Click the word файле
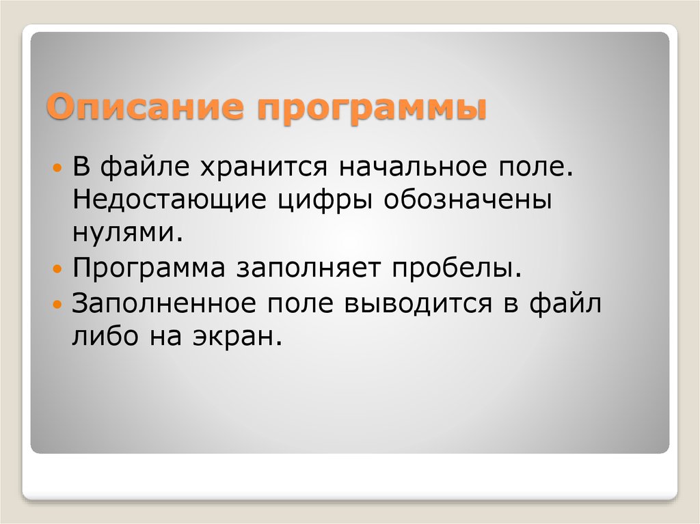click(x=142, y=168)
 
